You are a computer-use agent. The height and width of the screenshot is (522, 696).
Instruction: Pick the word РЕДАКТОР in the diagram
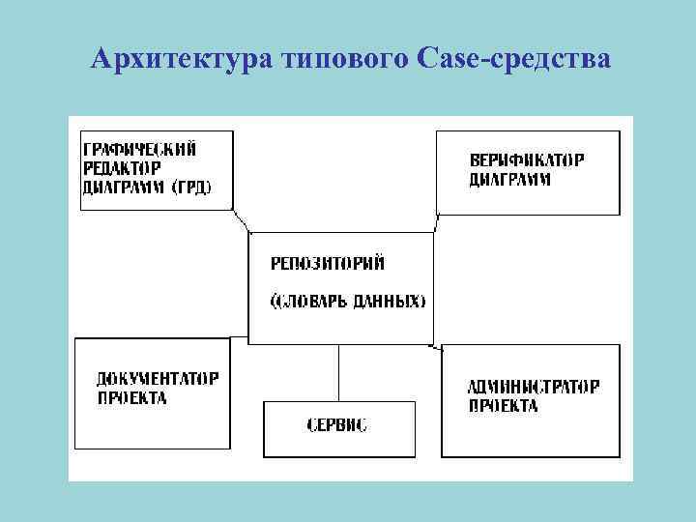pos(123,168)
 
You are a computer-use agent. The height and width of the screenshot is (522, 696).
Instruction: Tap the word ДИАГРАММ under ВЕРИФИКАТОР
pos(510,179)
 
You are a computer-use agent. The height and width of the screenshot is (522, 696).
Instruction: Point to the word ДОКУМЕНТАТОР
pos(158,378)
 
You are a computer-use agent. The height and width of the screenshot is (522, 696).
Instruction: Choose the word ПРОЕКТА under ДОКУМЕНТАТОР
pos(131,397)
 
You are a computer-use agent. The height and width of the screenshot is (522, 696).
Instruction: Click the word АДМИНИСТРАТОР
pos(534,387)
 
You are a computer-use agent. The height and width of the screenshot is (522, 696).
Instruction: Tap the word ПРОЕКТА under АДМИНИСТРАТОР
pos(504,406)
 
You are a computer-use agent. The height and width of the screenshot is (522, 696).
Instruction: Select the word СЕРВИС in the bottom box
pos(337,425)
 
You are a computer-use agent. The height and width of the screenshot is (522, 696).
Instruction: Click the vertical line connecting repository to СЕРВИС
pos(338,373)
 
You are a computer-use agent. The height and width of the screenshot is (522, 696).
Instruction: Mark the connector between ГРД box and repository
pos(242,221)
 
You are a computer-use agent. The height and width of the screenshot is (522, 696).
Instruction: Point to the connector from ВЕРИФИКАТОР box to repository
pos(436,223)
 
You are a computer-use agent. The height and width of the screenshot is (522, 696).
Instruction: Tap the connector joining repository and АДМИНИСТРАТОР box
pos(436,345)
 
